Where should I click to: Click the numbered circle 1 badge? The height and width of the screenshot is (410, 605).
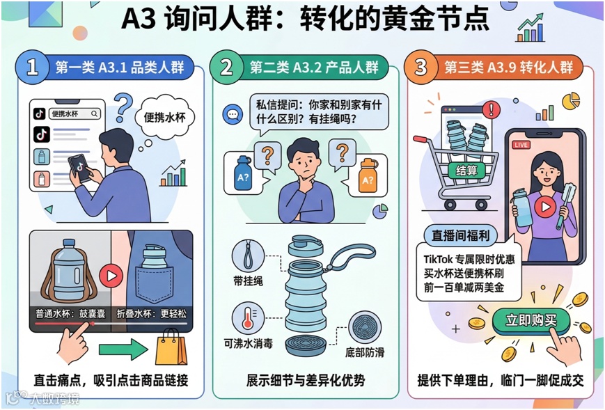click(x=32, y=67)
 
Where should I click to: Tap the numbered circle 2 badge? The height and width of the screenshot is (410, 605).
click(x=226, y=67)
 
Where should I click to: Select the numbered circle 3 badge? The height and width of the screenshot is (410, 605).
click(x=421, y=67)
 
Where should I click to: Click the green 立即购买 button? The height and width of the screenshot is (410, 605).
click(x=531, y=320)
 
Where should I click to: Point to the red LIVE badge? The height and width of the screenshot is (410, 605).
click(x=521, y=145)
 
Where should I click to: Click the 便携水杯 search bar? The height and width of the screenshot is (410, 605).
click(x=74, y=113)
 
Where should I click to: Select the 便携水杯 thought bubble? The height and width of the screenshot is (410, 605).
click(x=165, y=116)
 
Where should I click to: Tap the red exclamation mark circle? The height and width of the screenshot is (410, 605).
click(x=492, y=109)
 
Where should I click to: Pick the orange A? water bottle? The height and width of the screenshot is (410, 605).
click(x=368, y=175)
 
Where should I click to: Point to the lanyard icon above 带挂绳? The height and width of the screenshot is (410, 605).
click(x=248, y=255)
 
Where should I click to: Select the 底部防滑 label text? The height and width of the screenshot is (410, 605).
click(x=365, y=352)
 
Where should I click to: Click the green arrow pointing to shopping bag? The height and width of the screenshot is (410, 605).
click(x=123, y=349)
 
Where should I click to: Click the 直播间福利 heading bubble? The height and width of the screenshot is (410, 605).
click(x=460, y=235)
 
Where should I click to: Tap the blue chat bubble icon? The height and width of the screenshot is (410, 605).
click(x=233, y=114)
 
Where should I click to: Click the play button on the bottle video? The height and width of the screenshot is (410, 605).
click(x=111, y=276)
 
